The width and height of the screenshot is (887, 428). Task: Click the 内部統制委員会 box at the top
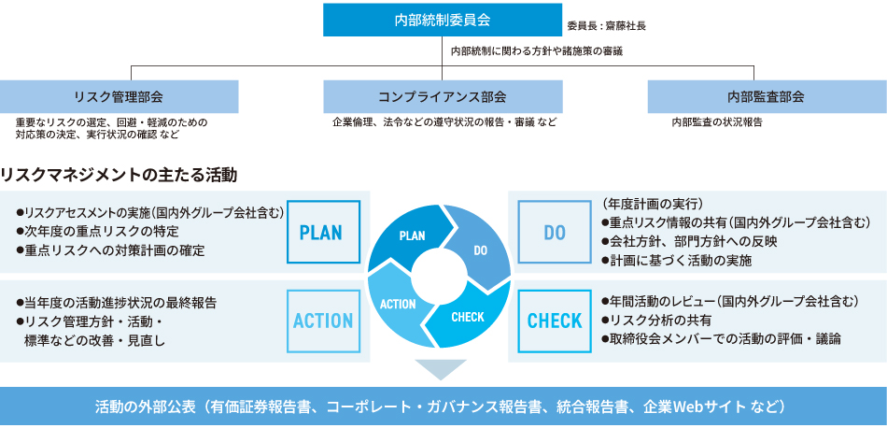pyautogui.click(x=443, y=19)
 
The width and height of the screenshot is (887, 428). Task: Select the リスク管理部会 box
pyautogui.click(x=119, y=96)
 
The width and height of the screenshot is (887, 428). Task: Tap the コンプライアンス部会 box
pyautogui.click(x=443, y=96)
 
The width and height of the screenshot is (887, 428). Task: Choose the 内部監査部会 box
pyautogui.click(x=766, y=96)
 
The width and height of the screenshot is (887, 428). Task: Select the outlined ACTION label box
pyautogui.click(x=322, y=321)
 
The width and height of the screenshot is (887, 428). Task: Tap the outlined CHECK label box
pyautogui.click(x=555, y=321)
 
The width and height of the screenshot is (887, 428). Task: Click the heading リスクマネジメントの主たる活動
pyautogui.click(x=120, y=174)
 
